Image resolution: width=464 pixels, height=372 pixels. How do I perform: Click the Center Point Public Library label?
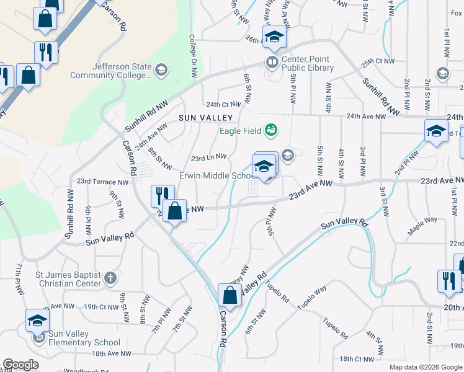pos(308,64)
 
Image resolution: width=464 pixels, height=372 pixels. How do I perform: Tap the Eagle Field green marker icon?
pos(270,130)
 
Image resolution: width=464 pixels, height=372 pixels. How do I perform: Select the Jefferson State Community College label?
pos(110,71)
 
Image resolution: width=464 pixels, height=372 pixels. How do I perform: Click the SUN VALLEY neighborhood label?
pos(205,117)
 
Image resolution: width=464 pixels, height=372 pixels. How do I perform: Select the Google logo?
pos(20,365)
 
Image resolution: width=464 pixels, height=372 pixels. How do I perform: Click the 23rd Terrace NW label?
pos(102,182)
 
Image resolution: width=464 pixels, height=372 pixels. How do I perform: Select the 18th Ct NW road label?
pos(355,359)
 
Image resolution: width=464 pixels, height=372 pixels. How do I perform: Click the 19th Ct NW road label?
pos(100,306)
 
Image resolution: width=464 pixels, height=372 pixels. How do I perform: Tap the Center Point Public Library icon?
pos(272,61)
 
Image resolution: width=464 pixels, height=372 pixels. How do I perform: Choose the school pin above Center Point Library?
pos(274,37)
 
